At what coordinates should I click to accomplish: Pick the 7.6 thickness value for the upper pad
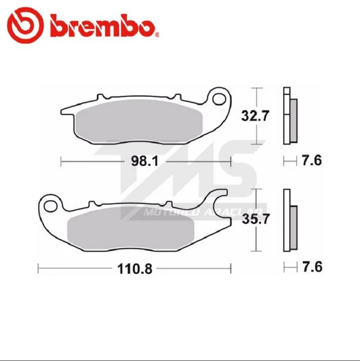pyautogui.click(x=311, y=161)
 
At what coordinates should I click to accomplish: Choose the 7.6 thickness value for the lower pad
pyautogui.click(x=311, y=267)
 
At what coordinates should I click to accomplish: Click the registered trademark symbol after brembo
pyautogui.click(x=157, y=34)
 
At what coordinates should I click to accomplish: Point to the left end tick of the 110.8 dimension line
pyautogui.click(x=38, y=267)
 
